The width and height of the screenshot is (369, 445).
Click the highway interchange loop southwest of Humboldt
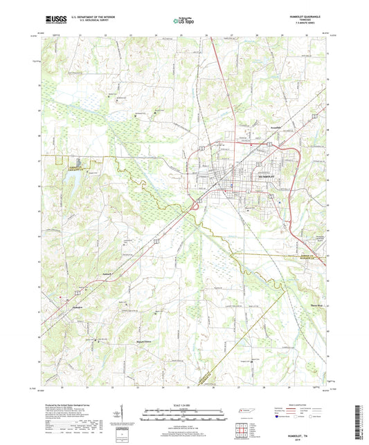(199, 200)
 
